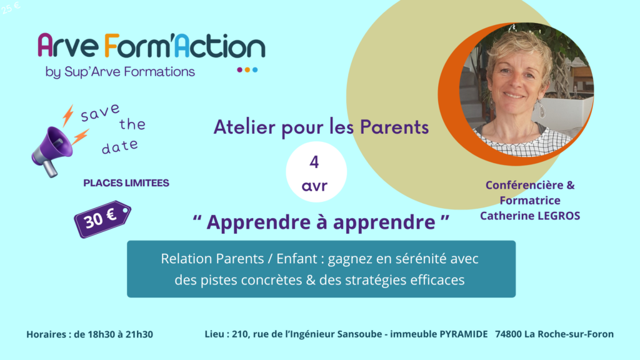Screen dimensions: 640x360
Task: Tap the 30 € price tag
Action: coord(102,219)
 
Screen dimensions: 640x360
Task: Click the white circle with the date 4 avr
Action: coord(316,172)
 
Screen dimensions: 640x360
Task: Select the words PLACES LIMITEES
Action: coord(126,183)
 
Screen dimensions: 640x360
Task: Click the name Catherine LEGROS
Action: coord(530,216)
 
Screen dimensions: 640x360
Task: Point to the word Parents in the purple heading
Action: coord(394,127)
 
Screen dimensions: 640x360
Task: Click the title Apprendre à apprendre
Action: coord(321,222)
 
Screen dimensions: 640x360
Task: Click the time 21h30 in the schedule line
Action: coord(139,334)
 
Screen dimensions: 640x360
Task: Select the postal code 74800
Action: coord(508,334)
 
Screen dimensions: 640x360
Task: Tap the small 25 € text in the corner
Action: coord(11,7)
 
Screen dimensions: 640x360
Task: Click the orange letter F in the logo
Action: coord(112,45)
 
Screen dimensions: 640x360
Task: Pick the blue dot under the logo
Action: coord(255,70)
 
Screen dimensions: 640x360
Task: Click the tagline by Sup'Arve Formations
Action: coord(120,71)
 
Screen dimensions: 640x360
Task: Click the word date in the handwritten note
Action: coord(119,146)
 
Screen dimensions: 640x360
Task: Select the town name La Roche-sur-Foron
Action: coord(569,334)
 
